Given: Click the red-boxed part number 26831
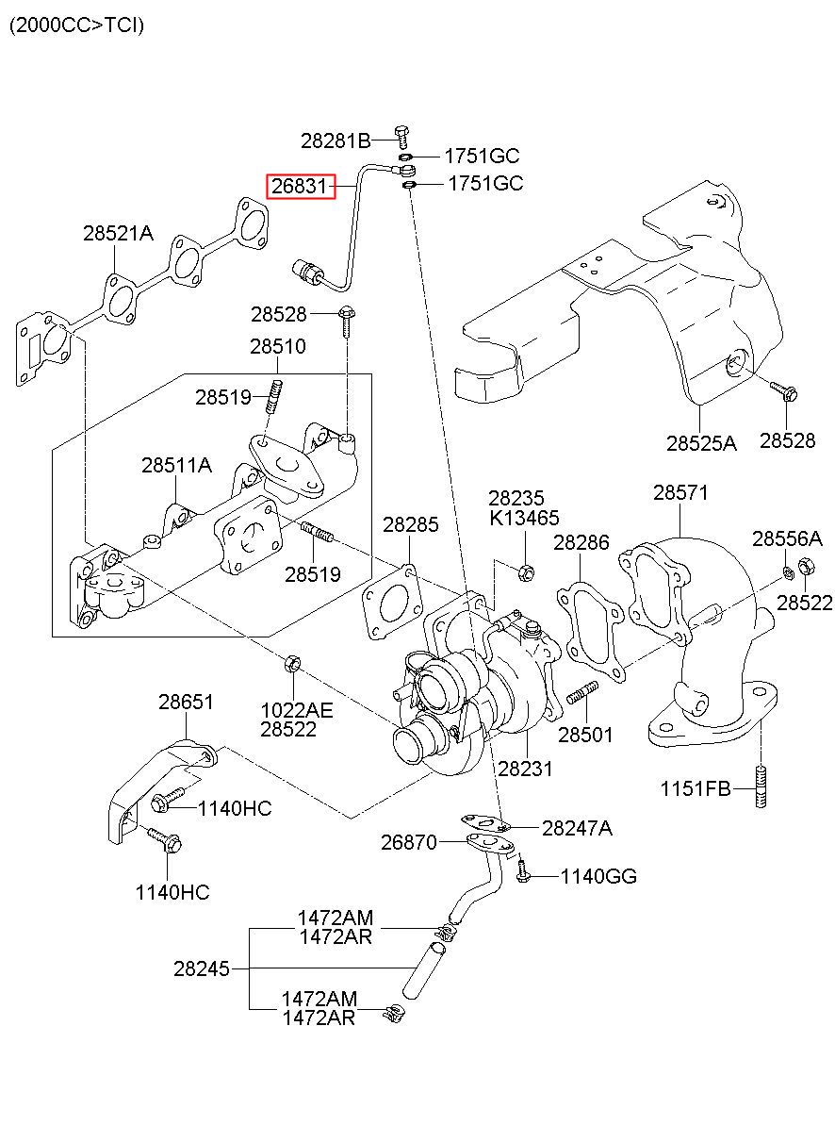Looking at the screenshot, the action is [x=301, y=186].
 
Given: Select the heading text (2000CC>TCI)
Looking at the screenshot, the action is [x=77, y=25].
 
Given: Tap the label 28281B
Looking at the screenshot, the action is [x=336, y=141].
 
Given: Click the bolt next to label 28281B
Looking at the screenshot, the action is [x=402, y=136].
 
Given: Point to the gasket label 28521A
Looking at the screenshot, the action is [x=118, y=234].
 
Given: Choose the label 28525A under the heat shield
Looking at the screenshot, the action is [x=701, y=443].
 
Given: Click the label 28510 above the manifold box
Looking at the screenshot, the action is [x=278, y=347].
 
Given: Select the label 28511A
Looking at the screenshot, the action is [x=176, y=465].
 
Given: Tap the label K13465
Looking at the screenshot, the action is [x=524, y=518].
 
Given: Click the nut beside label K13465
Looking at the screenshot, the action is [x=526, y=573].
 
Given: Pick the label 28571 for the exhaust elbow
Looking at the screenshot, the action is [x=680, y=492].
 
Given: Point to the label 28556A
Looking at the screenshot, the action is [x=787, y=538].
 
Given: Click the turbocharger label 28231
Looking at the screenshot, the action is [x=525, y=769].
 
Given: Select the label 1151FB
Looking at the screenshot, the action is [x=696, y=788].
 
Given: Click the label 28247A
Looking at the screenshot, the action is [x=577, y=829].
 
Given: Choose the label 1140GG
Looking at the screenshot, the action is [x=598, y=876].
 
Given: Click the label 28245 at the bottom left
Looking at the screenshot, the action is [x=202, y=968].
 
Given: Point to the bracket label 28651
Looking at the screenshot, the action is [x=186, y=702].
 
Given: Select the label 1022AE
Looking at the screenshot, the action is [x=297, y=710].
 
